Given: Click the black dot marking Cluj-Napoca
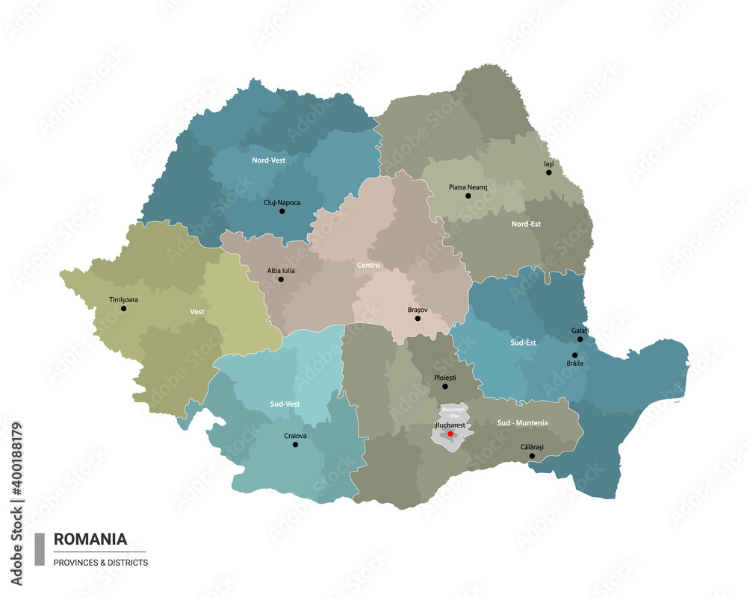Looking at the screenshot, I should coord(282,211).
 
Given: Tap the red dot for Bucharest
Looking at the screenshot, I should coord(450,433).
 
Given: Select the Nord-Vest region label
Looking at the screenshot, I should coord(269,160).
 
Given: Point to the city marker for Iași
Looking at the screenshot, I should coord(548,172).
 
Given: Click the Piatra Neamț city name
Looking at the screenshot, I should coord(468,187).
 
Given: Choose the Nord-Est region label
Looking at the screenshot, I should coord(526,223).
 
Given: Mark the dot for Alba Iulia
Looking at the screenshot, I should coord(281,280).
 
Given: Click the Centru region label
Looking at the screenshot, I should coord(368,265).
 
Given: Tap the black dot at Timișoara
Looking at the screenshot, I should coord(123,308).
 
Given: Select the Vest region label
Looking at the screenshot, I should coord(197,312).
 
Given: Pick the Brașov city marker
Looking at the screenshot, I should coord(418,319).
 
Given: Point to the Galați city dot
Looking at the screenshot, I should coord(580,340).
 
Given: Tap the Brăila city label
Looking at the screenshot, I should coord(574,363).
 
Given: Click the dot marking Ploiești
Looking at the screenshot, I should coord(445,387).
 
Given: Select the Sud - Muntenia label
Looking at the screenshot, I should coord(522,422).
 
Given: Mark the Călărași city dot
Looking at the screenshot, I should coord(532,456).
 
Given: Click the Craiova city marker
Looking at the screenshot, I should coord(295,445).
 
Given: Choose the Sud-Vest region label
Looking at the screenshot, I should coord(286,404).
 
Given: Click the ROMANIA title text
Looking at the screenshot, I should coord(90,539).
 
